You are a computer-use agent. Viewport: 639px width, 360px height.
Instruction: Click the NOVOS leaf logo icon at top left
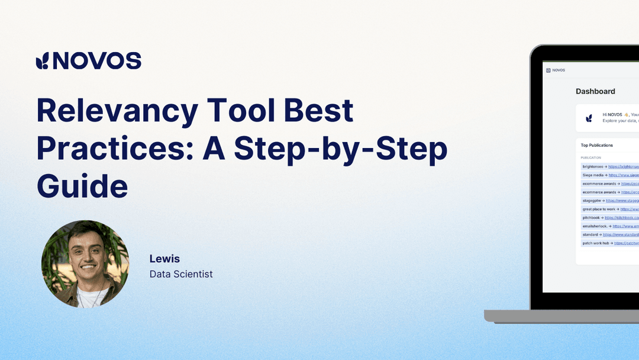(x=43, y=61)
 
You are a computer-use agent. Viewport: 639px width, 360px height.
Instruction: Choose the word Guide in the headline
(x=82, y=187)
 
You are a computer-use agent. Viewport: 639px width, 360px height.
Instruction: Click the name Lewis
(x=164, y=259)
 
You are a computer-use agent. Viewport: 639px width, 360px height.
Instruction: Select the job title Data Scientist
(x=181, y=274)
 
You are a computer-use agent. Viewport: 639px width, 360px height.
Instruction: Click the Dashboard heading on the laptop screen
(x=595, y=91)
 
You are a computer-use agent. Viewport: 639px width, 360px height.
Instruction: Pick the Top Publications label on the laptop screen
(x=596, y=145)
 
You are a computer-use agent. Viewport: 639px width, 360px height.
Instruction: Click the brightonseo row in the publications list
(x=609, y=166)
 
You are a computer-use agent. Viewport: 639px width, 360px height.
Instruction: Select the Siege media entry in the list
(x=609, y=175)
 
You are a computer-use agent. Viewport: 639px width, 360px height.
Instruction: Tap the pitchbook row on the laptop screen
(x=609, y=217)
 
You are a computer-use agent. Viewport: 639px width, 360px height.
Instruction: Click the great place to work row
(x=609, y=209)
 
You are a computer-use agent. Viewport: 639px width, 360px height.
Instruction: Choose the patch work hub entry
(x=609, y=243)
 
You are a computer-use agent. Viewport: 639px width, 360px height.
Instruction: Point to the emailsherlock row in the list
(x=609, y=226)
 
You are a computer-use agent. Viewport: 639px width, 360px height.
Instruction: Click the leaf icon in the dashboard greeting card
(x=589, y=118)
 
